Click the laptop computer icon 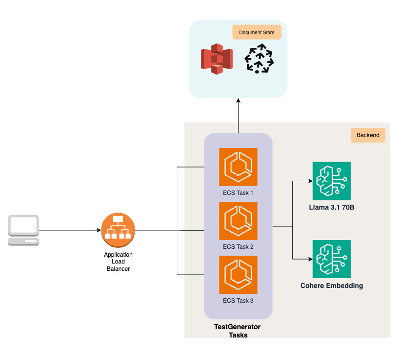tap(24, 230)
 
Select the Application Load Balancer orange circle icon tap(118, 230)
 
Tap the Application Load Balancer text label tap(118, 262)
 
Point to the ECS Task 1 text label tap(238, 192)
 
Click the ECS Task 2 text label tap(238, 246)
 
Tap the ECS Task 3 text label tap(238, 300)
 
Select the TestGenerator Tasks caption tap(238, 331)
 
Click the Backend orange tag tap(368, 135)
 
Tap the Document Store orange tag tap(257, 33)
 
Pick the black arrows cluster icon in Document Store tap(259, 59)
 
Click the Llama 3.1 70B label tap(332, 208)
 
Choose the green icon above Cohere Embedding tap(332, 259)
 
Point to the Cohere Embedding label tap(332, 286)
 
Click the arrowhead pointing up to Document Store tap(238, 100)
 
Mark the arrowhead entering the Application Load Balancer tap(98, 230)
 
